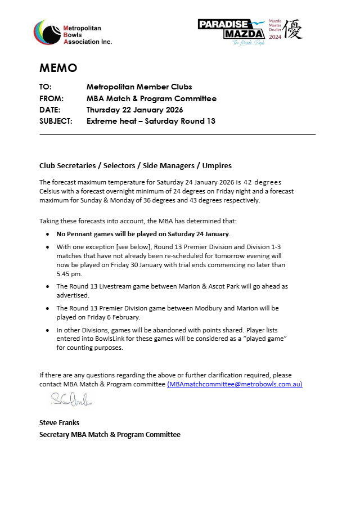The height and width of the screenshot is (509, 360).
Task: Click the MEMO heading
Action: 58,68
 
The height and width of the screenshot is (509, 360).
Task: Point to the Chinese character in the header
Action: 292,29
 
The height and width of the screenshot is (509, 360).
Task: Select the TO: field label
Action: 46,87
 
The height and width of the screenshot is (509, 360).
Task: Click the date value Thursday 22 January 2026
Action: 134,110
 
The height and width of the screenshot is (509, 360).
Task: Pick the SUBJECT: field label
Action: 56,121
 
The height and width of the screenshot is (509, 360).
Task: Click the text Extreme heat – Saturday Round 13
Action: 151,121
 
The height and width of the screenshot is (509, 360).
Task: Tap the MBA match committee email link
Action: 235,384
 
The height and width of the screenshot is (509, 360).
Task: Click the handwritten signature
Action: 72,399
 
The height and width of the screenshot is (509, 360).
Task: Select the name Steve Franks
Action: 59,422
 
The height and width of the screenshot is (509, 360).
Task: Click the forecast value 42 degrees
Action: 263,182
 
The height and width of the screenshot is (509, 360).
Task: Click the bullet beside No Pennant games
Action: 49,234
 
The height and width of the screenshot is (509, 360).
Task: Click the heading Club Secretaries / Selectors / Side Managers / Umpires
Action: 136,165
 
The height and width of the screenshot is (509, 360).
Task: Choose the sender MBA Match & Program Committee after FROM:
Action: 151,98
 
